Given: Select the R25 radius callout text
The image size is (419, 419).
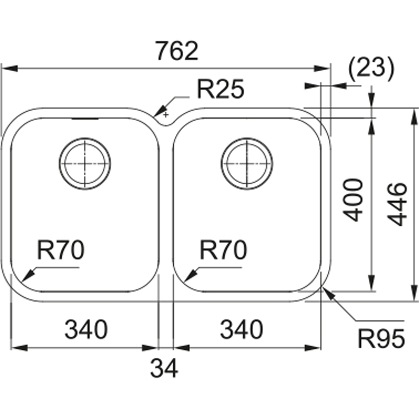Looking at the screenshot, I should (x=220, y=90).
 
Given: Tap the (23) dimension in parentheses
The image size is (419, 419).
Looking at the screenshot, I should (x=370, y=68).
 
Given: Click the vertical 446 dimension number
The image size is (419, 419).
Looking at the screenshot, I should (x=399, y=204).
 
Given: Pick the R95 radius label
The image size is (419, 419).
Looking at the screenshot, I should (x=382, y=339).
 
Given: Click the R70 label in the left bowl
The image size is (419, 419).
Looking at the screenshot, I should (x=61, y=251).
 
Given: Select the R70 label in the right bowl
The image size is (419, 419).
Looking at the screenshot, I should (x=223, y=251).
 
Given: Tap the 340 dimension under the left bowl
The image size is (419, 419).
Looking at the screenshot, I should (x=86, y=329).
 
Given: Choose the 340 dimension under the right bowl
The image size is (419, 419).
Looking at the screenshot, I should (x=241, y=329).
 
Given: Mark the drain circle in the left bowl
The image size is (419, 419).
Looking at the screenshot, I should (x=85, y=163).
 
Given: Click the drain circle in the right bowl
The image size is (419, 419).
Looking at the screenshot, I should (x=247, y=163).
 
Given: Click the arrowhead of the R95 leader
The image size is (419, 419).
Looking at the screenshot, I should (x=329, y=294).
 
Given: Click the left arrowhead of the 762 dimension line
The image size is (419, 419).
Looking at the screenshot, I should (x=7, y=69).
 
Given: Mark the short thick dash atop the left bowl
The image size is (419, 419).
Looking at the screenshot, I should (x=85, y=119).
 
